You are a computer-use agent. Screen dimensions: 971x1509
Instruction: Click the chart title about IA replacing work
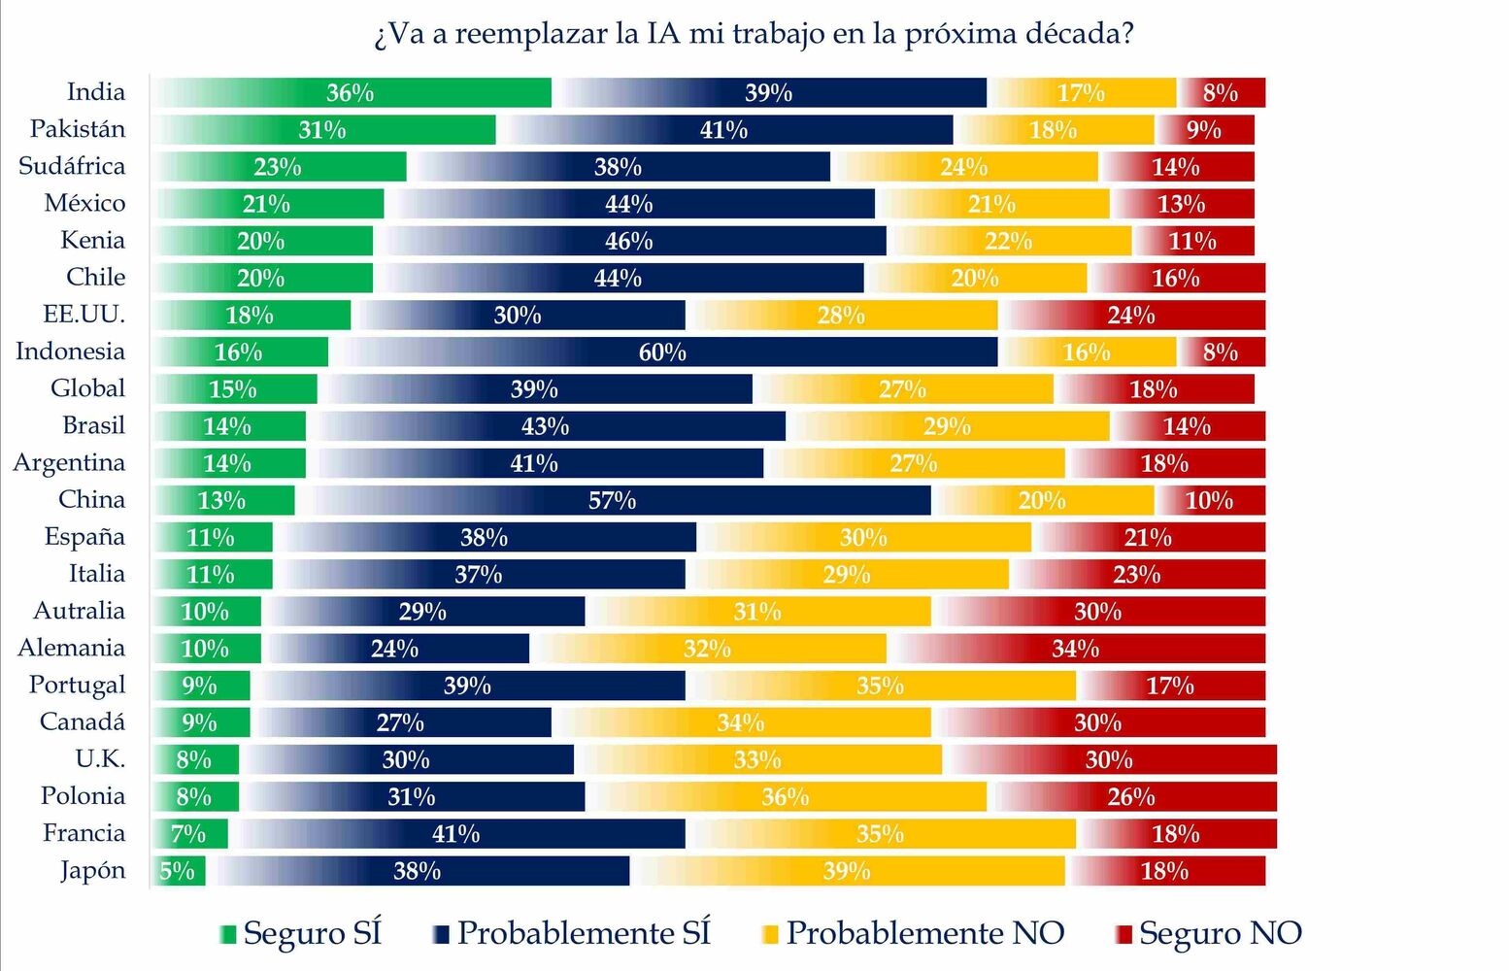pyautogui.click(x=754, y=33)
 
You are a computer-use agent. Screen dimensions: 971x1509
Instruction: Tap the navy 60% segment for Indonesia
pyautogui.click(x=663, y=352)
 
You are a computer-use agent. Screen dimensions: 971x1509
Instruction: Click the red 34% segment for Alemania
pyautogui.click(x=1076, y=649)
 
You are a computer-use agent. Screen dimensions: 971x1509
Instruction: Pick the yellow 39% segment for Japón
pyautogui.click(x=847, y=871)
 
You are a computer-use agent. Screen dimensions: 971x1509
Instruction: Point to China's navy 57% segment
pyautogui.click(x=613, y=501)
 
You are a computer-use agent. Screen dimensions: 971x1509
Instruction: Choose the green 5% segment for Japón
pyautogui.click(x=179, y=871)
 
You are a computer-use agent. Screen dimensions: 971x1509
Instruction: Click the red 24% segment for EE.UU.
pyautogui.click(x=1132, y=316)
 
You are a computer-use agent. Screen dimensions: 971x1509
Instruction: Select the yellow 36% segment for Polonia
pyautogui.click(x=786, y=797)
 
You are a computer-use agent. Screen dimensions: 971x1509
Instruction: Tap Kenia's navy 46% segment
pyautogui.click(x=629, y=241)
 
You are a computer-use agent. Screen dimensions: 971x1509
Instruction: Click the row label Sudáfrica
pyautogui.click(x=72, y=166)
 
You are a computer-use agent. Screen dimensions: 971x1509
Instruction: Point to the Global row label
pyautogui.click(x=87, y=388)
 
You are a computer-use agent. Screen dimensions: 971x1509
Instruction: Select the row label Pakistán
pyautogui.click(x=78, y=129)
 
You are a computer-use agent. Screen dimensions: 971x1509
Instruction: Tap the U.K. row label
pyautogui.click(x=100, y=758)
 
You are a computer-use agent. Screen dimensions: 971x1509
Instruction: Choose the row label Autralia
pyautogui.click(x=80, y=611)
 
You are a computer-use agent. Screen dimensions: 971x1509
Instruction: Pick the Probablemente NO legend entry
pyautogui.click(x=924, y=933)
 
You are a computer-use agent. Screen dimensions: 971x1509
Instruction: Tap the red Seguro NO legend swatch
pyautogui.click(x=1123, y=935)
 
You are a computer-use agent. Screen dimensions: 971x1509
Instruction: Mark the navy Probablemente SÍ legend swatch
pyautogui.click(x=441, y=935)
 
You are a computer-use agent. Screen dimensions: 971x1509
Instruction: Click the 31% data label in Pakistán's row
pyautogui.click(x=322, y=130)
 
